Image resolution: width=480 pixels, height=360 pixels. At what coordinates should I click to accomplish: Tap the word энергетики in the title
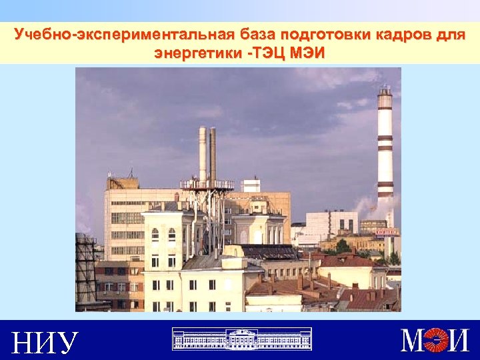click(195, 53)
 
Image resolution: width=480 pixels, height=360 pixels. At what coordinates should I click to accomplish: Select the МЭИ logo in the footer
click(435, 340)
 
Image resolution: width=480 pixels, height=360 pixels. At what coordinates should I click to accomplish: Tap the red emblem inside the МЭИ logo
click(435, 341)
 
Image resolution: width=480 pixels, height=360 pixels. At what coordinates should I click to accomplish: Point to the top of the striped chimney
click(385, 90)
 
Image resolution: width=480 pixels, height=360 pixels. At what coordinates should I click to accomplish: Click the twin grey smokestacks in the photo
click(207, 153)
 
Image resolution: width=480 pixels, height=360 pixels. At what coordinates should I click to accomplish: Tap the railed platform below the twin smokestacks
click(207, 185)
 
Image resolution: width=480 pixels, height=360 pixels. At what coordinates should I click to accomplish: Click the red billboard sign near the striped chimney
click(387, 231)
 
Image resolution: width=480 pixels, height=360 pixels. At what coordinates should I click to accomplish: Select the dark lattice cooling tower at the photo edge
click(85, 267)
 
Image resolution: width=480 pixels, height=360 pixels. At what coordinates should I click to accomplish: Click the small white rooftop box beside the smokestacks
click(251, 185)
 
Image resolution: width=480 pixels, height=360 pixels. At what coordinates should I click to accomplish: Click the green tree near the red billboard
click(343, 246)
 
